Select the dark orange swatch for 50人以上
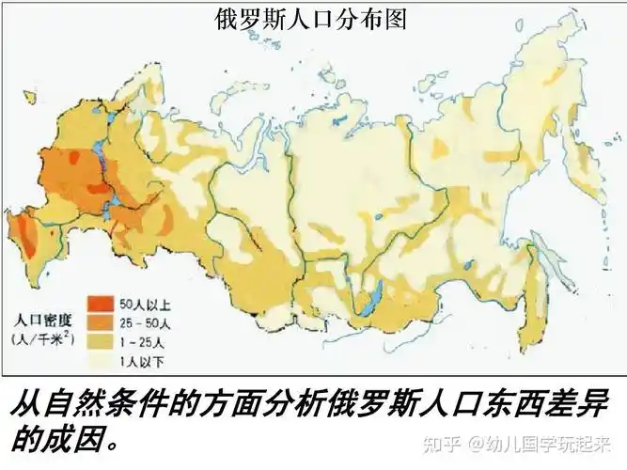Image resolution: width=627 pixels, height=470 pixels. click(x=100, y=305)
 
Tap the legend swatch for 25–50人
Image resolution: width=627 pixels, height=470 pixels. click(x=100, y=322)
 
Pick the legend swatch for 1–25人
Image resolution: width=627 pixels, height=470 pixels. click(x=100, y=340)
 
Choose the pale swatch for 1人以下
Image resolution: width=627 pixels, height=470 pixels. click(x=100, y=358)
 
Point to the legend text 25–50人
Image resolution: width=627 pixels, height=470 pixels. click(x=144, y=322)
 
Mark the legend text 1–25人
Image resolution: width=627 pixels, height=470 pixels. click(x=141, y=340)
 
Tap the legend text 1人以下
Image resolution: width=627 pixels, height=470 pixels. click(x=142, y=358)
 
